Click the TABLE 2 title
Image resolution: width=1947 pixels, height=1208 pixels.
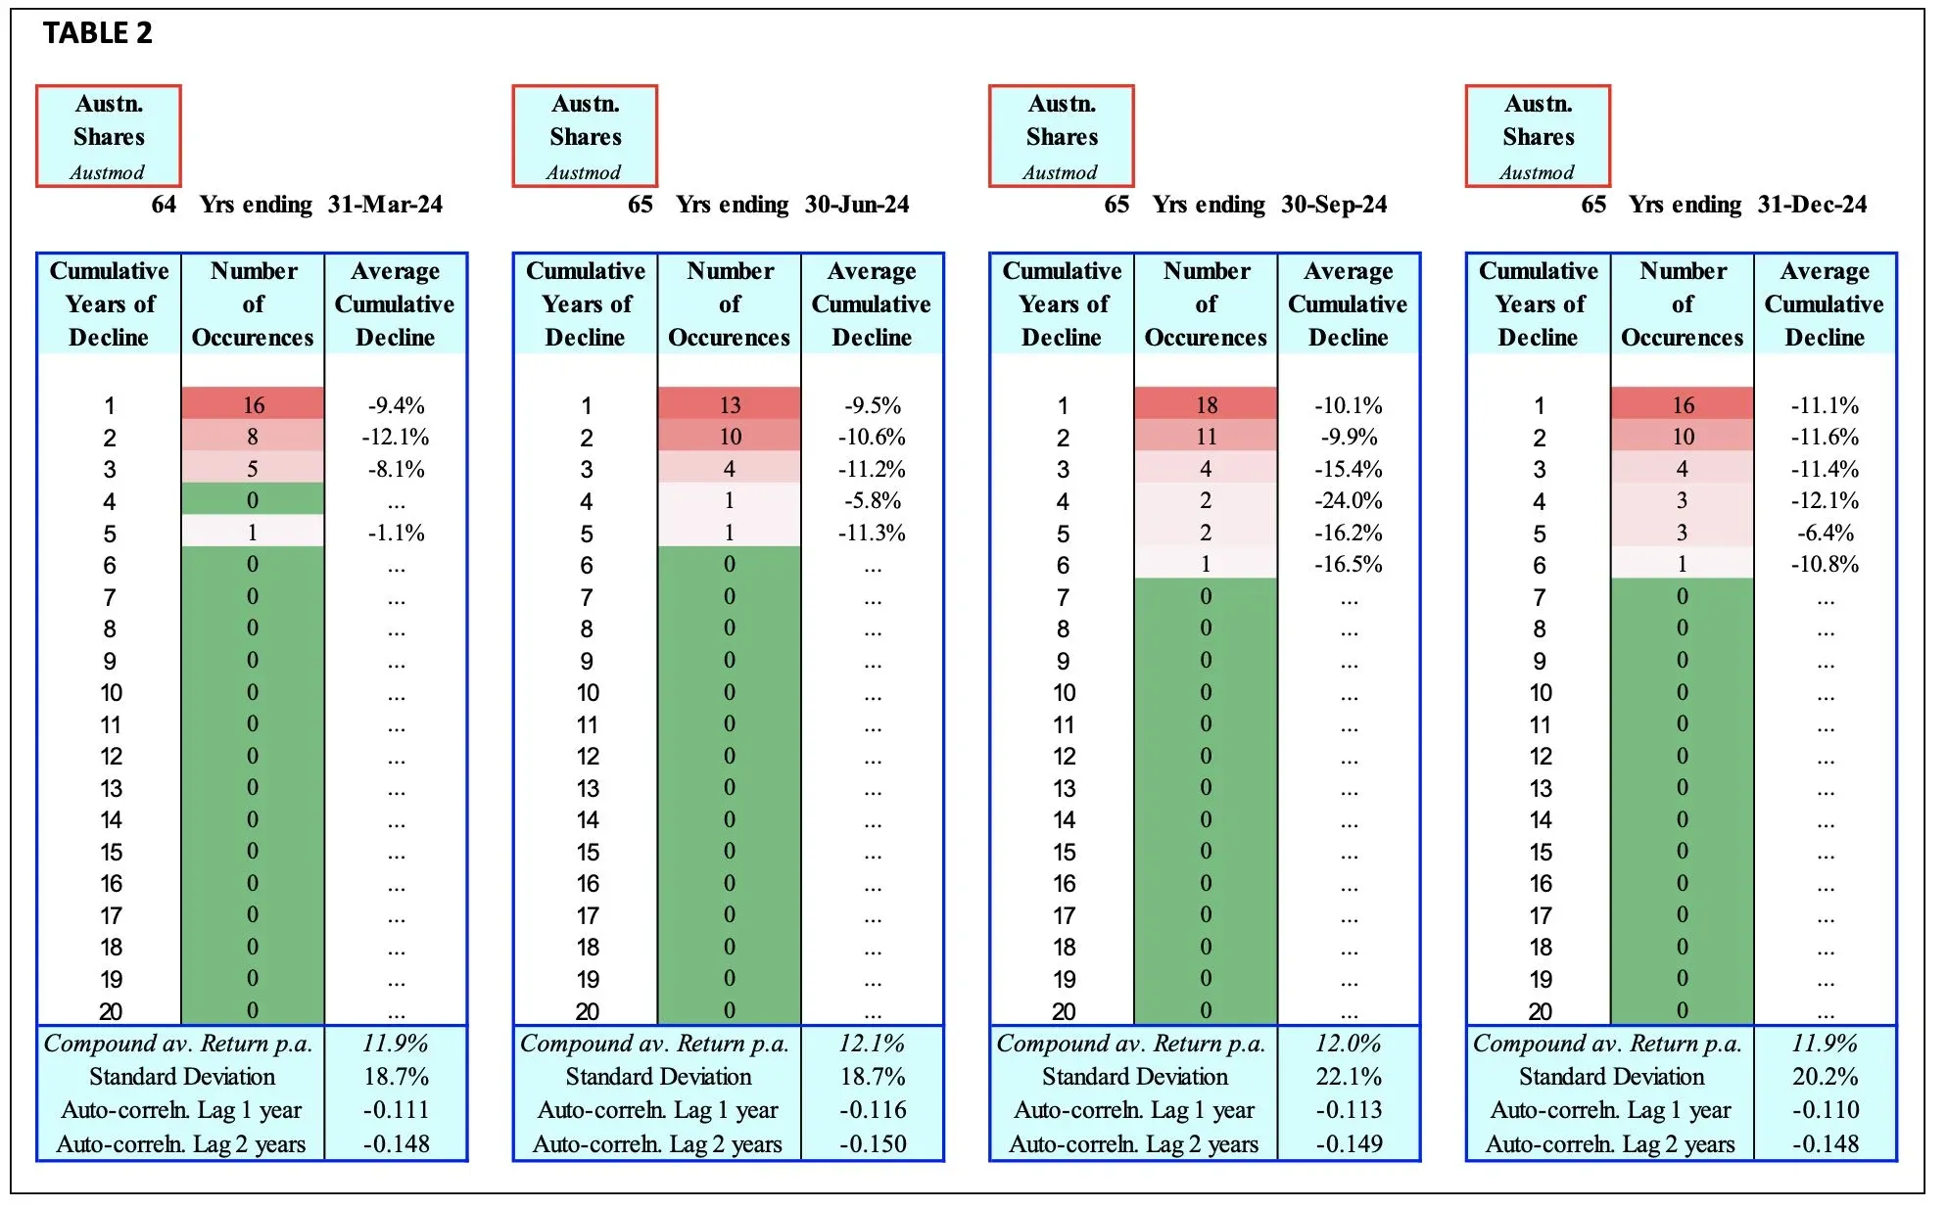(98, 33)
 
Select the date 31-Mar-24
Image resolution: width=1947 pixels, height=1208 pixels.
(385, 205)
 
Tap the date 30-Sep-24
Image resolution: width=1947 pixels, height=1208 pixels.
(1334, 205)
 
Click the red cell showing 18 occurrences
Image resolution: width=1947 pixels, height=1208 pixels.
(1206, 405)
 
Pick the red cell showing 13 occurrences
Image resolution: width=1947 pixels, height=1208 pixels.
(730, 405)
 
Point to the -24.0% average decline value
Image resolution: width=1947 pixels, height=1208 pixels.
(1349, 501)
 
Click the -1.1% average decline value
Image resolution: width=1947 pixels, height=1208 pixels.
(396, 534)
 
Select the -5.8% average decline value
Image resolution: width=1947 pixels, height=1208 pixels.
(872, 501)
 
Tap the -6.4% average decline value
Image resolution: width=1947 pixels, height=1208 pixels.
(1825, 534)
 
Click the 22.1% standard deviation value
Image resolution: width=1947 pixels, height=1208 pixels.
(1349, 1077)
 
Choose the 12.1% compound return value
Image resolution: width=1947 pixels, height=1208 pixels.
(872, 1044)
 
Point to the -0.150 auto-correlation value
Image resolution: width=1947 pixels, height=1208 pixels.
(872, 1143)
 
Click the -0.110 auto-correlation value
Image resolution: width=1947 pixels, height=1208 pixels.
(1825, 1110)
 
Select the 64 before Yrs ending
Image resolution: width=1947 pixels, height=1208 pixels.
(164, 205)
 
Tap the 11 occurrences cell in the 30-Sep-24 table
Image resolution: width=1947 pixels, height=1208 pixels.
(1206, 437)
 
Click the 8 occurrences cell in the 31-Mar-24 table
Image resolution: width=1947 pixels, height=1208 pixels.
(253, 437)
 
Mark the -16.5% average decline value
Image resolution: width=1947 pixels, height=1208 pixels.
(1349, 565)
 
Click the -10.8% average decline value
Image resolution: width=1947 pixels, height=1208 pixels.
(1825, 565)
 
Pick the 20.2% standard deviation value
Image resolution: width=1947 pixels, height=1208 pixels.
(1825, 1077)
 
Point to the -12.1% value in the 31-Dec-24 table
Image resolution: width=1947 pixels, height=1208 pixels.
(1825, 501)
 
